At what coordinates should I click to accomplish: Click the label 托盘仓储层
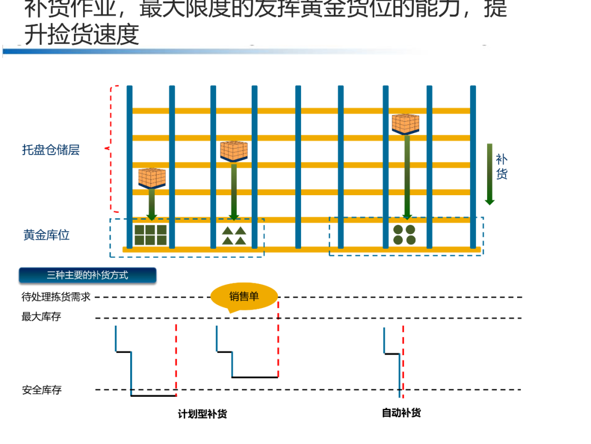click(x=51, y=150)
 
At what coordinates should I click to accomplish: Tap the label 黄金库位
click(x=47, y=235)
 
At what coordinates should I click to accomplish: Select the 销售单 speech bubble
click(x=244, y=297)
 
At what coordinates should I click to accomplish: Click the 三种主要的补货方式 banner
click(x=88, y=275)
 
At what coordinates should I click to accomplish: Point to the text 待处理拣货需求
click(x=56, y=297)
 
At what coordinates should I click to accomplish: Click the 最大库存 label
click(x=42, y=317)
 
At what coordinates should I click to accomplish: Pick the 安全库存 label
click(x=42, y=390)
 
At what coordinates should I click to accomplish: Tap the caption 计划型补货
click(x=202, y=414)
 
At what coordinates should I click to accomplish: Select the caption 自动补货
click(x=401, y=413)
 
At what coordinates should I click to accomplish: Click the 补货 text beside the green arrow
click(x=501, y=167)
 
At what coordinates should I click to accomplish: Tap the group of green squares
click(x=150, y=235)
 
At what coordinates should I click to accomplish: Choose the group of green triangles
click(x=234, y=236)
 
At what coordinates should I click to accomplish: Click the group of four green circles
click(x=404, y=235)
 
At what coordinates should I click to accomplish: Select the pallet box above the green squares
click(x=152, y=178)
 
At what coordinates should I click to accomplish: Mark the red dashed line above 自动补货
click(x=403, y=362)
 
